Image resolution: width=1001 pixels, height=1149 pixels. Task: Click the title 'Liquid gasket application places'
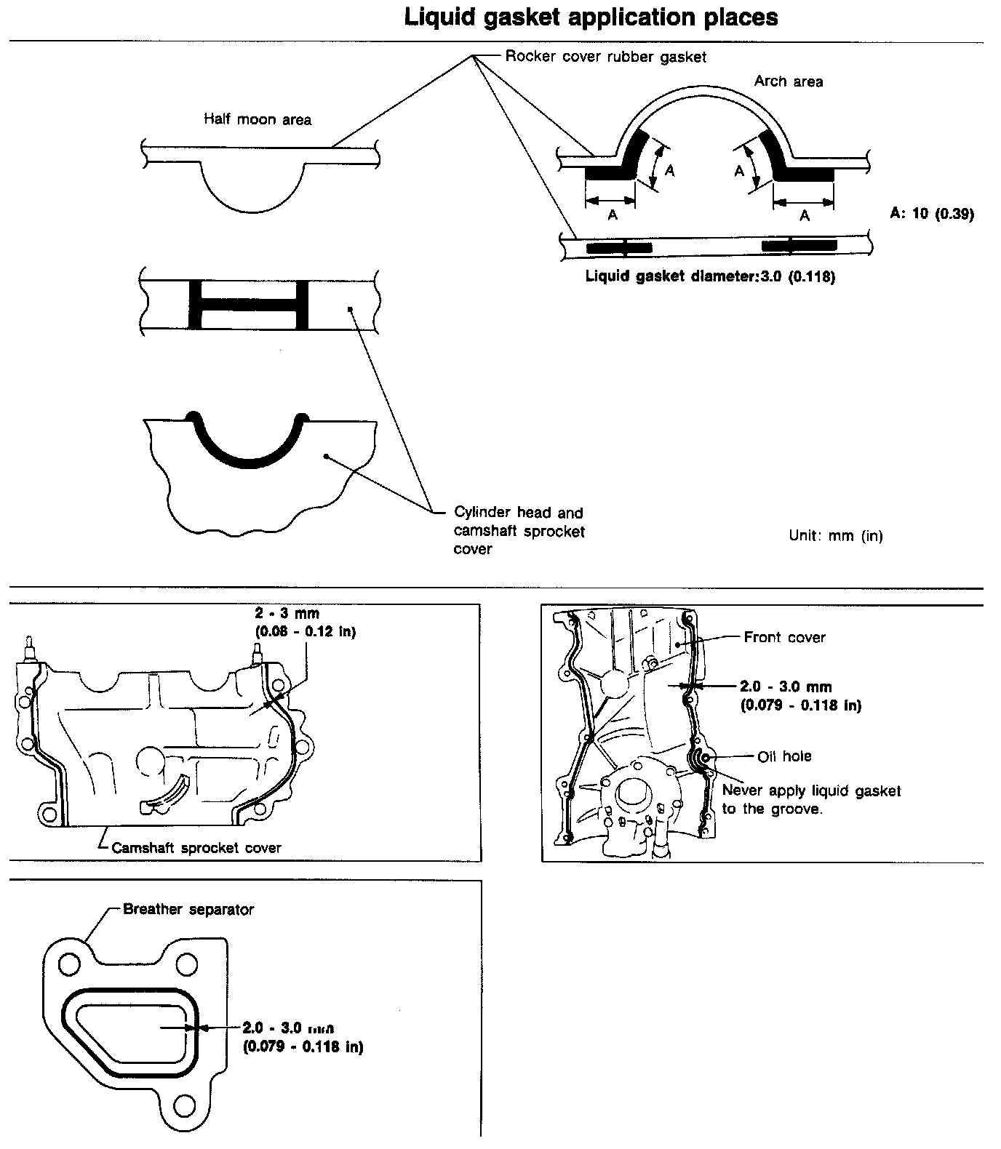click(x=591, y=17)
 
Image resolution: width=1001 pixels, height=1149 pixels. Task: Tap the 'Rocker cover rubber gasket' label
click(x=605, y=57)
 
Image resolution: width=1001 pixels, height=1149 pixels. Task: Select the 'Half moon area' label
click(x=257, y=119)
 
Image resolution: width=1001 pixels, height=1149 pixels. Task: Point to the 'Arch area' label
click(x=788, y=81)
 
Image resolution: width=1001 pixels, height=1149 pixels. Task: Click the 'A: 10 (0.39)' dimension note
click(x=931, y=214)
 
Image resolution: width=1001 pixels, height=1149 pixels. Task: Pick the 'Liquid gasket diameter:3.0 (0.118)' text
click(x=710, y=277)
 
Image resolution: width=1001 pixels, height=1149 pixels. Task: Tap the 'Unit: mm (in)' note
click(x=835, y=536)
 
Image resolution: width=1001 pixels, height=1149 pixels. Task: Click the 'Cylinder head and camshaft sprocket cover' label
click(x=519, y=530)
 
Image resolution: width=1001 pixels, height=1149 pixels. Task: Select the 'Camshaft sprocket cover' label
click(x=196, y=847)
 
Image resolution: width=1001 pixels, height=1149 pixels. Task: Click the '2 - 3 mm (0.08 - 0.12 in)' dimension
click(x=305, y=622)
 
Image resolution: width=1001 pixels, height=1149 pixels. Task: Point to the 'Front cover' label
click(x=784, y=638)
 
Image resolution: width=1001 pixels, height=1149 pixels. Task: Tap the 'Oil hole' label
click(x=784, y=756)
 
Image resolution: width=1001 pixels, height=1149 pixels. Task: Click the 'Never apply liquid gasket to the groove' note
click(x=810, y=800)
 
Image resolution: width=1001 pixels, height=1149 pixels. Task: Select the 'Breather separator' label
click(x=188, y=909)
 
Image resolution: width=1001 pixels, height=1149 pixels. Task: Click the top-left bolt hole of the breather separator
click(x=69, y=965)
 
